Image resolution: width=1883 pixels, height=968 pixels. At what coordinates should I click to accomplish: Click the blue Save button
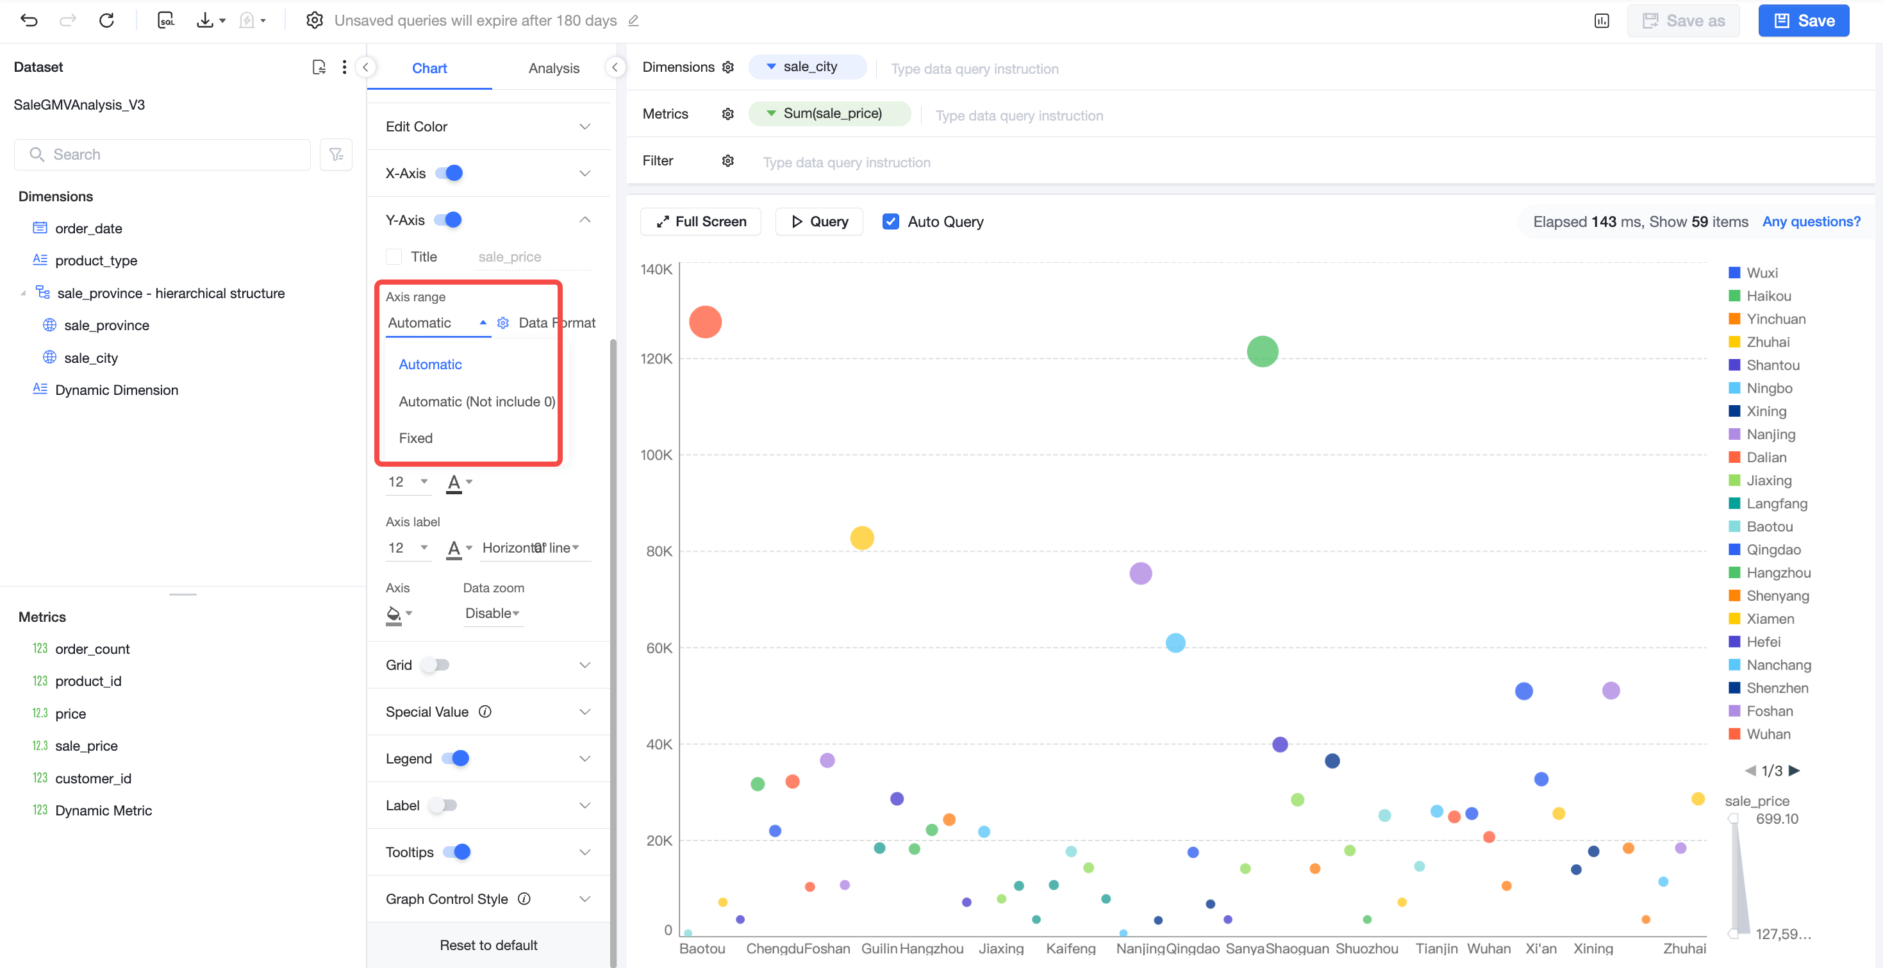point(1804,21)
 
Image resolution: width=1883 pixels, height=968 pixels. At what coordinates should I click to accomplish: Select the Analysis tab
point(553,68)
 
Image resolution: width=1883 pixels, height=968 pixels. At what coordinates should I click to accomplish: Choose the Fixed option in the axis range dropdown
point(415,438)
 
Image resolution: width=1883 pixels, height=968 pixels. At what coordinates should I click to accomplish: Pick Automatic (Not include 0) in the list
point(477,401)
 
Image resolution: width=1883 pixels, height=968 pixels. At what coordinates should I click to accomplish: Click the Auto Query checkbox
point(890,222)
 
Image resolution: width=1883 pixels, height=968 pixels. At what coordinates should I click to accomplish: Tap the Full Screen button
point(701,222)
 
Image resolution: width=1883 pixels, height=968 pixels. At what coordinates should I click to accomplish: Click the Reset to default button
point(488,945)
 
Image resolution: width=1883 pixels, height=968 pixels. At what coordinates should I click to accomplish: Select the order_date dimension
point(88,228)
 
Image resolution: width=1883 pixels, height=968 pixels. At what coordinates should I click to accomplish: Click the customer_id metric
point(93,778)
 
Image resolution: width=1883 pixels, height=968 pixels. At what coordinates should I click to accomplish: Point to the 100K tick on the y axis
point(656,455)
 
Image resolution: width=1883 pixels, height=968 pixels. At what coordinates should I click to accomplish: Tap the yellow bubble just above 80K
point(862,538)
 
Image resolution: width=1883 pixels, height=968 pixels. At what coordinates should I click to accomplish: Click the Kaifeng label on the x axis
point(1071,948)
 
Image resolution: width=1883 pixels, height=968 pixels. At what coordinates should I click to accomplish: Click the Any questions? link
point(1811,222)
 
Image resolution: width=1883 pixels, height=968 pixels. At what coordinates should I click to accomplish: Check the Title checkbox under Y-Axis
point(394,256)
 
